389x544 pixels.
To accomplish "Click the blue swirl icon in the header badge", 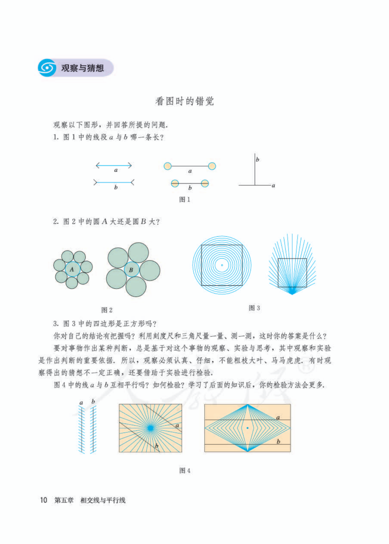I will tap(47, 68).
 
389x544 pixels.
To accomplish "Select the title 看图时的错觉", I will tap(184, 101).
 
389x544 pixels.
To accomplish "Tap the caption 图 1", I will tap(185, 200).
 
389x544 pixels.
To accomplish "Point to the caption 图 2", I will tap(107, 310).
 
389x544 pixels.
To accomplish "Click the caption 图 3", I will tap(254, 308).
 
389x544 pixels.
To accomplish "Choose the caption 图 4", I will tap(185, 471).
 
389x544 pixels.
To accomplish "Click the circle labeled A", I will tap(72, 269).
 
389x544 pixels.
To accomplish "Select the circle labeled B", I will tap(131, 269).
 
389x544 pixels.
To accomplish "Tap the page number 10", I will tap(44, 500).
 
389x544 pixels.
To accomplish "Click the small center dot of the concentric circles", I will tap(222, 265).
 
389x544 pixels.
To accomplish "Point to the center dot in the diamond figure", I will tap(247, 428).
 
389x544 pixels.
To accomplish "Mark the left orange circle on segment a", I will tap(167, 166).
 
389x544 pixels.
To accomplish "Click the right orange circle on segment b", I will tap(205, 183).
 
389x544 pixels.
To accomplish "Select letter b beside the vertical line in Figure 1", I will tap(258, 159).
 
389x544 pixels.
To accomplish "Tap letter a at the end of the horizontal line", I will tap(273, 186).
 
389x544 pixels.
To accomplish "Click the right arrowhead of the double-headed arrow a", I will tap(130, 165).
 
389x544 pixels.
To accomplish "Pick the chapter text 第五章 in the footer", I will tap(64, 500).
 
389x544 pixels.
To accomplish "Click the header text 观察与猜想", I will tap(82, 68).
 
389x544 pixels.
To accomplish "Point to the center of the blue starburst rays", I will tap(150, 428).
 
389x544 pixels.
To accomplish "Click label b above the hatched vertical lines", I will tap(93, 401).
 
